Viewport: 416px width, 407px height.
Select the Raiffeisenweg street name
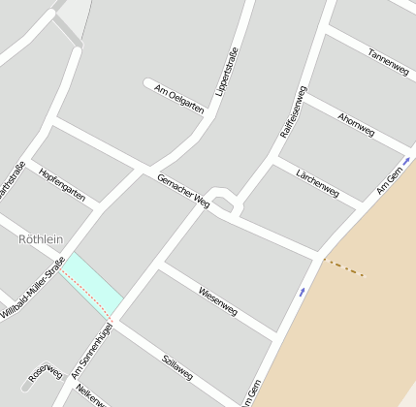[293, 110]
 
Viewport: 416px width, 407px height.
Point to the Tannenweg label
[388, 64]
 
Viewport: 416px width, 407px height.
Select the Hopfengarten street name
[62, 184]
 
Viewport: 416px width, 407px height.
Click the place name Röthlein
[41, 238]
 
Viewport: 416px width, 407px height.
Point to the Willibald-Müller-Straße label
[33, 288]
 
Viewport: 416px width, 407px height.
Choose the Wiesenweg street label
[217, 300]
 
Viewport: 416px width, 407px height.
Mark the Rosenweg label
[45, 373]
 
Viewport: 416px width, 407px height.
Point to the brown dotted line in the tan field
[343, 267]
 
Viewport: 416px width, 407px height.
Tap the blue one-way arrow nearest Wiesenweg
[303, 291]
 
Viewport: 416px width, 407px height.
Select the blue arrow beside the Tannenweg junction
[406, 160]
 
